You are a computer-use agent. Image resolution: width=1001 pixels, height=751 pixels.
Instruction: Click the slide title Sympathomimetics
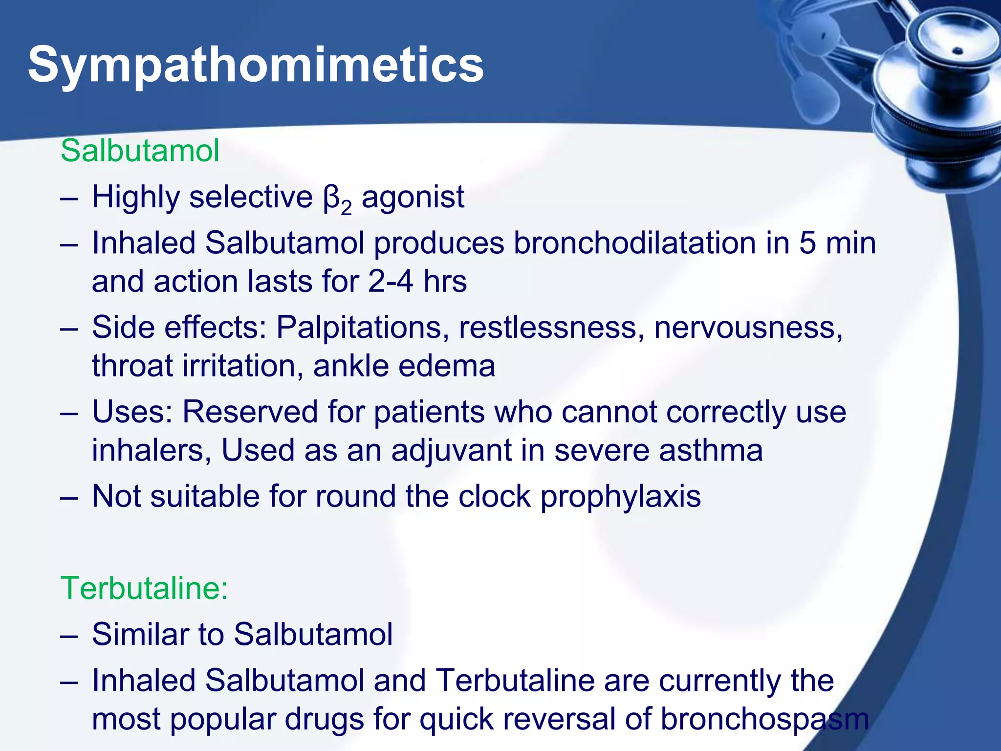coord(256,65)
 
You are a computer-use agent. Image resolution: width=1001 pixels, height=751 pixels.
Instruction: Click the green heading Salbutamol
coord(140,151)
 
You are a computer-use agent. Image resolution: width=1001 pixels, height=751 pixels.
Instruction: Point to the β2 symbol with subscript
coord(337,199)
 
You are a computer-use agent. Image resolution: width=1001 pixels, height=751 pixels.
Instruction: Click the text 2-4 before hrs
coord(390,282)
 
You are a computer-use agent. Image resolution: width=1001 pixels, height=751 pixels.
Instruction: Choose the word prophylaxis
coord(620,497)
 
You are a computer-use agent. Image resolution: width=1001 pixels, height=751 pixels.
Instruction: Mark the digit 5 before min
coord(807,243)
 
